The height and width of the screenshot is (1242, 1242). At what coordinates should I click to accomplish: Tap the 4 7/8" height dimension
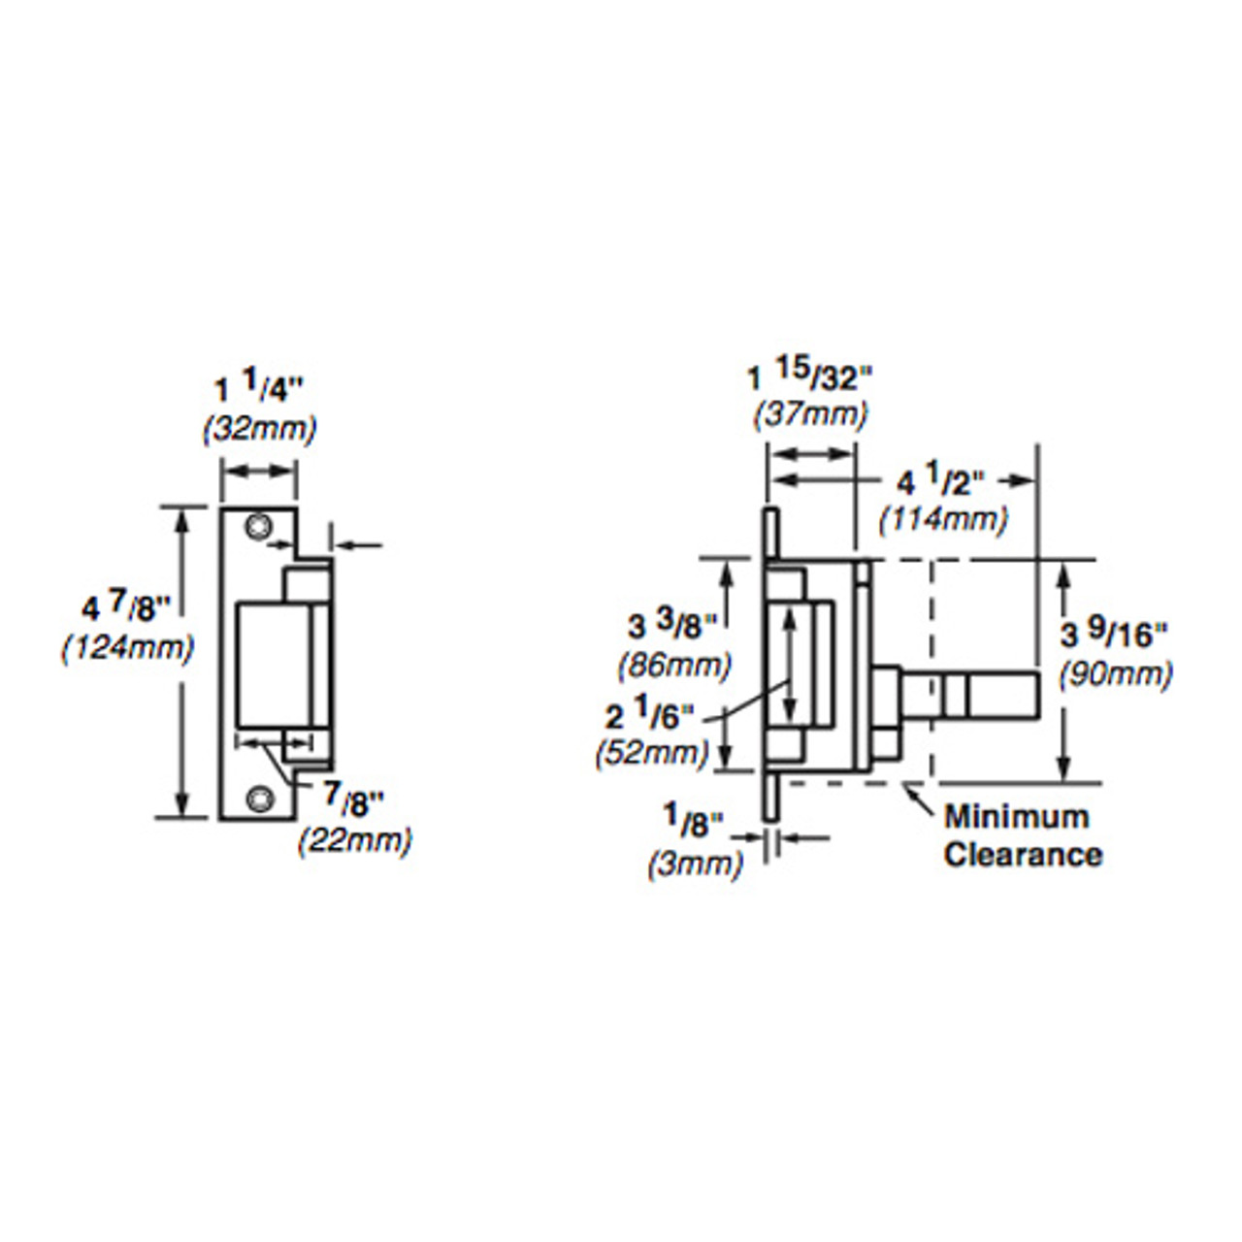tap(126, 609)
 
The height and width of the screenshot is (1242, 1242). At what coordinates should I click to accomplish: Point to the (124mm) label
tap(127, 647)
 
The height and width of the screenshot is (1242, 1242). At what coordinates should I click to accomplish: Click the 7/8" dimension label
tap(354, 799)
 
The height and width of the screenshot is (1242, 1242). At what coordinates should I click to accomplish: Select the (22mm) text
tap(354, 839)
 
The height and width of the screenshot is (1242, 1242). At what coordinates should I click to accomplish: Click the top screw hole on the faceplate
tap(257, 527)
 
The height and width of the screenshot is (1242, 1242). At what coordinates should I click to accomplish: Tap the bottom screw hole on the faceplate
tap(257, 798)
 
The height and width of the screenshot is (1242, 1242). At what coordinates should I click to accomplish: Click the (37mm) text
tap(810, 414)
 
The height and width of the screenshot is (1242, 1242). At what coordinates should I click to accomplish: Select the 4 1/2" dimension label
tap(940, 480)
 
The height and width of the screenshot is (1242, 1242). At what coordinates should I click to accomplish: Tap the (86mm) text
tap(674, 666)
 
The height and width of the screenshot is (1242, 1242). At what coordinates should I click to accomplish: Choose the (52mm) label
tap(651, 752)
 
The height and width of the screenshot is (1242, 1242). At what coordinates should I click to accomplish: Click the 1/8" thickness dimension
tap(695, 824)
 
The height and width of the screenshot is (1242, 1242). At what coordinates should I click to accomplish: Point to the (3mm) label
tap(695, 863)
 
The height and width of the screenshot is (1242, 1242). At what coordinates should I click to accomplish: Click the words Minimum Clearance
tap(1021, 835)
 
